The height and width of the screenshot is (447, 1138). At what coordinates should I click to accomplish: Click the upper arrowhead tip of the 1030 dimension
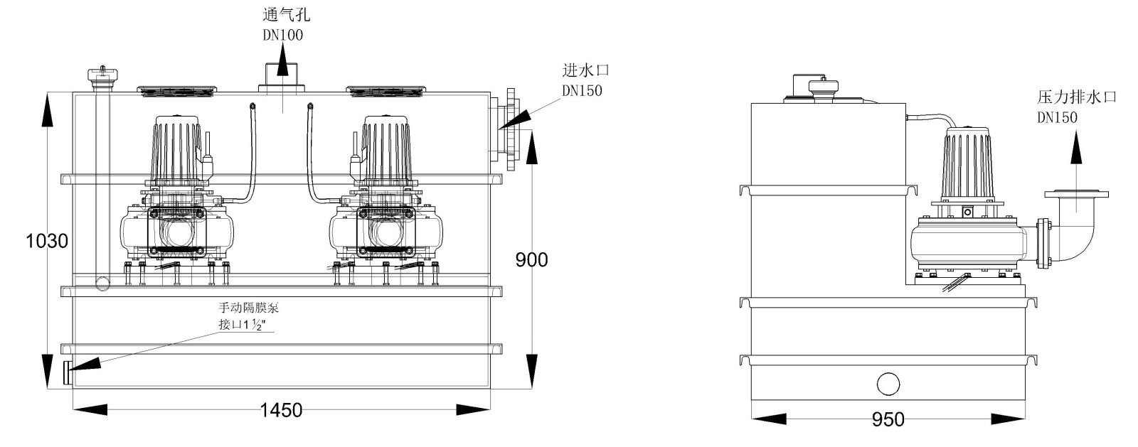tap(47, 93)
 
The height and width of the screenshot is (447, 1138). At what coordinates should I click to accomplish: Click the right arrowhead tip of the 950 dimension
tap(1025, 419)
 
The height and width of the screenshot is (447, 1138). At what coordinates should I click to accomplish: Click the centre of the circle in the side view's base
tap(888, 384)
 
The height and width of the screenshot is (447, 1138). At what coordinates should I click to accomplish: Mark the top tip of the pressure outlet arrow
tap(1076, 130)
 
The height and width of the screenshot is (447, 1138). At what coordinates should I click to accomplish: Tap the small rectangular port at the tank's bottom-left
tap(68, 373)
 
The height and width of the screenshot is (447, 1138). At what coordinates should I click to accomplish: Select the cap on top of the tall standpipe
tap(102, 77)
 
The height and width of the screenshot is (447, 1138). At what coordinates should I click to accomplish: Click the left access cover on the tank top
tap(177, 92)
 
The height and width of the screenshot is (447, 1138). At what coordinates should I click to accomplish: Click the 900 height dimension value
tap(531, 260)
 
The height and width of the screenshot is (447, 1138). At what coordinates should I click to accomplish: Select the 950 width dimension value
tap(888, 419)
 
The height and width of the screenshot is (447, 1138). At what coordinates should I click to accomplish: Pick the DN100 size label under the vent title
tap(282, 35)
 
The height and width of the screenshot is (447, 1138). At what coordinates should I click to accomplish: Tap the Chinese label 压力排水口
tap(1077, 97)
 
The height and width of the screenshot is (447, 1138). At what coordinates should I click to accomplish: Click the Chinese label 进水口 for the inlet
tap(585, 70)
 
